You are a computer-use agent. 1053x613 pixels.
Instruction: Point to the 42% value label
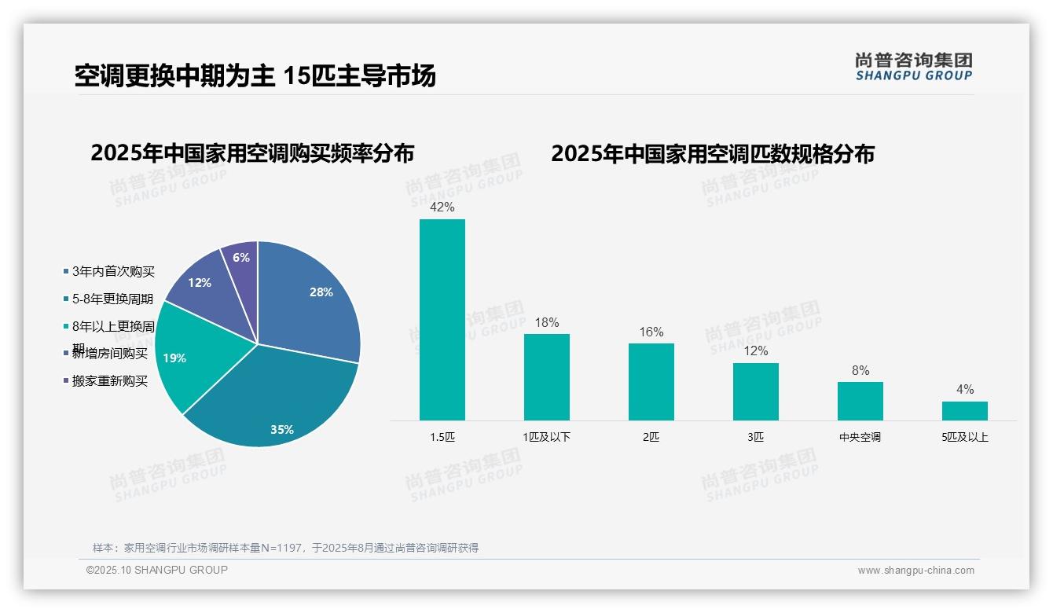point(442,207)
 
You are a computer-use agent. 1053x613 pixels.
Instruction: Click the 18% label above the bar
point(546,322)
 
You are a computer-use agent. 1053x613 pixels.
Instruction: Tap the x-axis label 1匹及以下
point(546,437)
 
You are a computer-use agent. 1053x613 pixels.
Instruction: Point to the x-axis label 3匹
point(755,437)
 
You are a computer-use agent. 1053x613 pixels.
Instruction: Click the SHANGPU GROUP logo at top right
point(913,67)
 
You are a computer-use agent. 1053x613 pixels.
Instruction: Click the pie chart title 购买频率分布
point(252,152)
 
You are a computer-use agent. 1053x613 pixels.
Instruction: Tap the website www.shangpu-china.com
point(915,571)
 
